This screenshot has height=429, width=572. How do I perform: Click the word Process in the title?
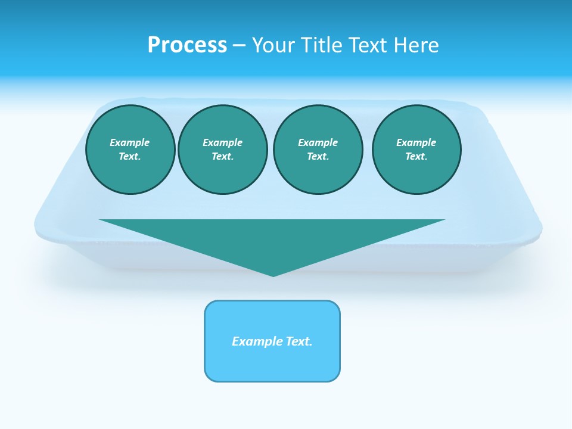pyautogui.click(x=187, y=45)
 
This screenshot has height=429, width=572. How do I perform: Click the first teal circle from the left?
pyautogui.click(x=130, y=150)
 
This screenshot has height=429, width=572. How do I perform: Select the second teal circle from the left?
pyautogui.click(x=223, y=150)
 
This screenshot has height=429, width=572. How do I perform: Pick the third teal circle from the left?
pyautogui.click(x=318, y=150)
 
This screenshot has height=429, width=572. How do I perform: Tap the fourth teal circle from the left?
pyautogui.click(x=416, y=150)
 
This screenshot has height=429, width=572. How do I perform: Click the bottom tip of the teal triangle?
pyautogui.click(x=273, y=275)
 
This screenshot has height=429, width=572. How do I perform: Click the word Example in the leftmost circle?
pyautogui.click(x=130, y=143)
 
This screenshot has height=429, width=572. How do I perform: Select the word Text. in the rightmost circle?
pyautogui.click(x=416, y=157)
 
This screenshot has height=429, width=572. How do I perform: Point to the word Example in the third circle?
pyautogui.click(x=318, y=143)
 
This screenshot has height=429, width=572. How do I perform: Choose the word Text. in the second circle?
pyautogui.click(x=223, y=157)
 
